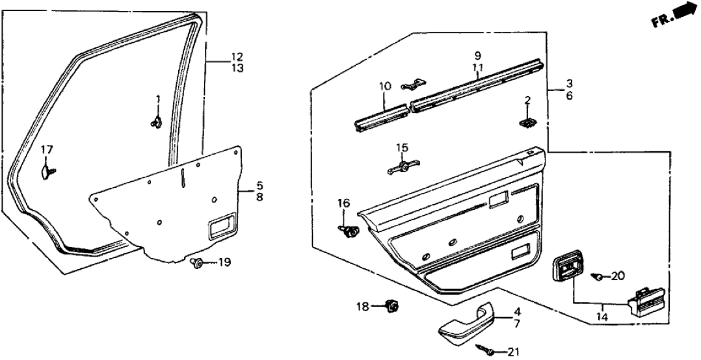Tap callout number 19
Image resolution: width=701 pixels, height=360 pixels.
coord(224,263)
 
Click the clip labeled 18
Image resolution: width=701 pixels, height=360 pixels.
coord(392,305)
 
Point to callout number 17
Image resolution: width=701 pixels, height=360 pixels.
coord(46,150)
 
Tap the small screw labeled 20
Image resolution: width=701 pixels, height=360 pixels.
coord(597,277)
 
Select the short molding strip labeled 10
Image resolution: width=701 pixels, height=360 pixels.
coord(382,115)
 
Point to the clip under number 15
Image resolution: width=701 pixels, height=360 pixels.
coord(403,168)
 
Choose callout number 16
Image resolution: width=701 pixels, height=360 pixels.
coord(343,204)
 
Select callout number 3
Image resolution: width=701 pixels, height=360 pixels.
coord(569,83)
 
